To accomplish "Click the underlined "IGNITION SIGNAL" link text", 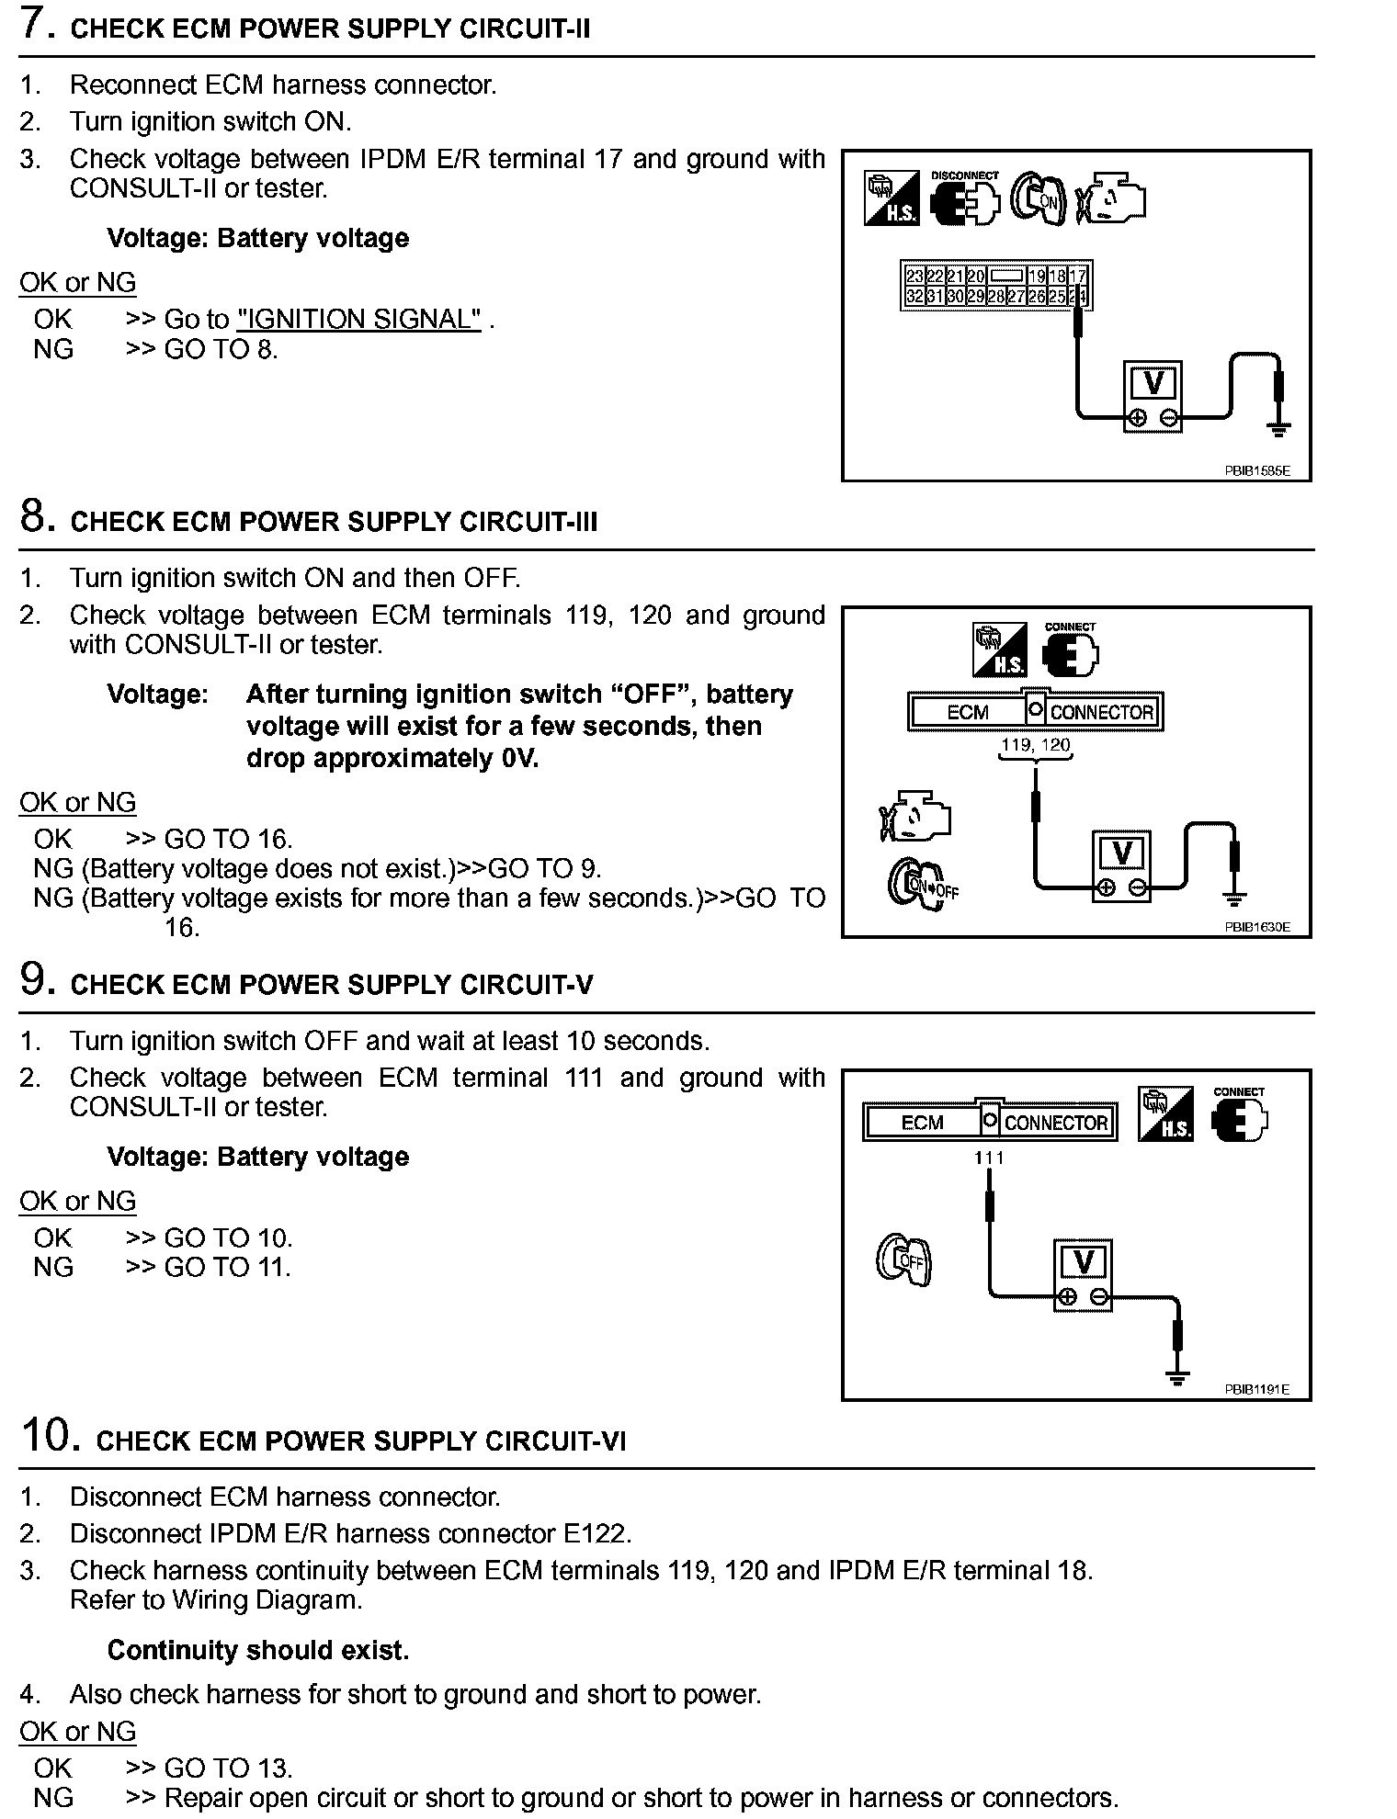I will coord(358,320).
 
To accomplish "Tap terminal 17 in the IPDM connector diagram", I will coord(1078,276).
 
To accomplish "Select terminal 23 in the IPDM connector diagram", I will coord(914,276).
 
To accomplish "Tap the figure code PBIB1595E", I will coord(1256,470).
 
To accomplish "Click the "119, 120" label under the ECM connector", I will coord(1036,745).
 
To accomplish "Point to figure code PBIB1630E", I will coord(1256,927).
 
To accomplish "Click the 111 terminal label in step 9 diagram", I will coord(989,1158).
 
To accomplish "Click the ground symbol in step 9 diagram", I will coord(1177,1375).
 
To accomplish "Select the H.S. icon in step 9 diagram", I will coord(1165,1114).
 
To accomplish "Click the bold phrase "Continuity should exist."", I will coord(258,1650).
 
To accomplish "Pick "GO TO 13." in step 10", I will coord(228,1768).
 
